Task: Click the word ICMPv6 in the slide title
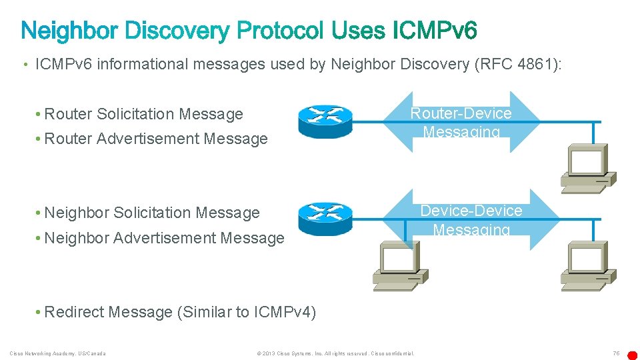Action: click(435, 31)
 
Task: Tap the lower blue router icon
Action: click(325, 219)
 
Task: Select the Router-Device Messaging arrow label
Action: click(461, 122)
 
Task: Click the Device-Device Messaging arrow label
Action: click(471, 220)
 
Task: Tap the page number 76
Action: click(616, 353)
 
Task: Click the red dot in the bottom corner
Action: click(633, 355)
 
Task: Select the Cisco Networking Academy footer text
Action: click(57, 353)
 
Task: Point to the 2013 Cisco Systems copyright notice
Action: click(335, 353)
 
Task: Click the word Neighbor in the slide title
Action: click(69, 31)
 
